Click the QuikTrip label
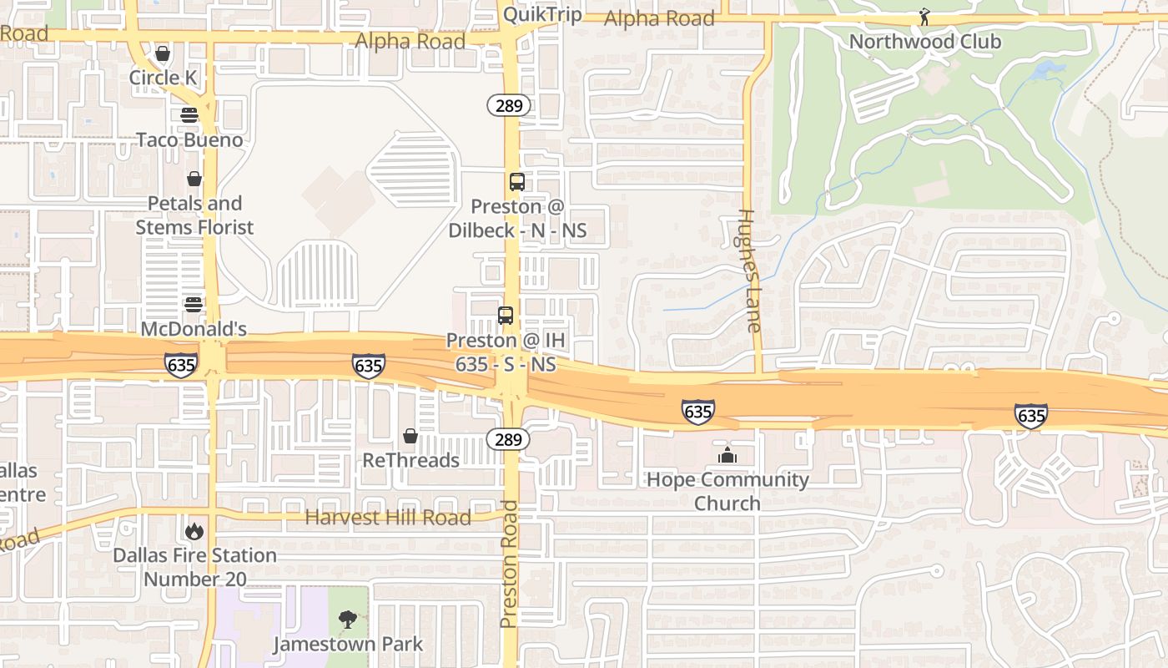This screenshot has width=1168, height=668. pyautogui.click(x=542, y=14)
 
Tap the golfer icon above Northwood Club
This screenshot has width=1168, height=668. pyautogui.click(x=924, y=17)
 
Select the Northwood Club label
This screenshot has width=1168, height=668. pyautogui.click(x=924, y=41)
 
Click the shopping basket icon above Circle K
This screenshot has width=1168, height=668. pyautogui.click(x=163, y=55)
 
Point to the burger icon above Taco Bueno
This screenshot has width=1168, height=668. pyautogui.click(x=189, y=115)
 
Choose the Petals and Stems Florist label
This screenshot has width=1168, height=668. pyautogui.click(x=194, y=215)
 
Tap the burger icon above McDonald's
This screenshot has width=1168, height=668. pyautogui.click(x=194, y=305)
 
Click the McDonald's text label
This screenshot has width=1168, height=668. pyautogui.click(x=194, y=330)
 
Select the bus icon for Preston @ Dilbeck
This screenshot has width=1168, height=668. pyautogui.click(x=517, y=182)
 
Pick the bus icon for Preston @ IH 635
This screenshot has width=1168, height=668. pyautogui.click(x=506, y=316)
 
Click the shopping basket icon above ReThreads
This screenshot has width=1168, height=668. pyautogui.click(x=410, y=436)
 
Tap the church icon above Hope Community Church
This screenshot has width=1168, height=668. pyautogui.click(x=727, y=456)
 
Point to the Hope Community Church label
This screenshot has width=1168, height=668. pyautogui.click(x=727, y=491)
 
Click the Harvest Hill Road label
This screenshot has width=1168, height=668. pyautogui.click(x=388, y=518)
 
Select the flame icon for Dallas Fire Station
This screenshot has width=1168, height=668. pyautogui.click(x=194, y=531)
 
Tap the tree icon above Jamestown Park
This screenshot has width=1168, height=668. pyautogui.click(x=348, y=620)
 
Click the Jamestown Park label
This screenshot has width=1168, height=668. pyautogui.click(x=348, y=645)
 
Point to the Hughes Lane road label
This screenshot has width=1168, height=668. pyautogui.click(x=750, y=271)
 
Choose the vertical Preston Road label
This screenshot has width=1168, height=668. pyautogui.click(x=509, y=564)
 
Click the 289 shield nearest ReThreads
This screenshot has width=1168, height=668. pyautogui.click(x=508, y=439)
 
